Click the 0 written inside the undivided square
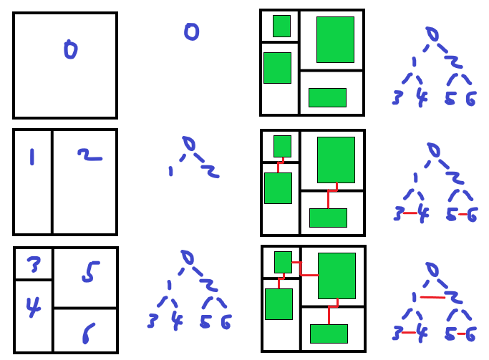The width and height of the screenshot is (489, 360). click(x=70, y=50)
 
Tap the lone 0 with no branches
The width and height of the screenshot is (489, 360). click(x=191, y=31)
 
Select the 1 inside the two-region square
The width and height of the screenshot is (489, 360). click(x=32, y=156)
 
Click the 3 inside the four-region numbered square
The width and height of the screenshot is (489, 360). click(x=34, y=266)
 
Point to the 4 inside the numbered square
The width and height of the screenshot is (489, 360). click(x=33, y=306)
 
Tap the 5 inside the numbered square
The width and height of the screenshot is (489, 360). click(x=89, y=272)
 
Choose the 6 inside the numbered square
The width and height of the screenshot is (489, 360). click(x=88, y=332)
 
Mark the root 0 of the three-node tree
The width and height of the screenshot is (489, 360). click(x=188, y=144)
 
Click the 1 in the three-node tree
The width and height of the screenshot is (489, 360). click(x=170, y=170)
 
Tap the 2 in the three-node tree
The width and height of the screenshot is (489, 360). click(x=208, y=170)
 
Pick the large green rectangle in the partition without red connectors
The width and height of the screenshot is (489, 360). click(x=335, y=39)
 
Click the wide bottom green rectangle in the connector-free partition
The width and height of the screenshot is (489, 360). click(x=327, y=97)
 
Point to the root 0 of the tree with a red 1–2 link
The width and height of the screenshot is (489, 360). click(x=432, y=269)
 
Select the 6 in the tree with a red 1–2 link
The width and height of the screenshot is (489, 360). click(x=470, y=334)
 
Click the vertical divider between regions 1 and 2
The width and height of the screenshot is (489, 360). click(x=52, y=182)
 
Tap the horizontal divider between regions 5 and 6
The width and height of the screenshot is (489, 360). click(x=85, y=308)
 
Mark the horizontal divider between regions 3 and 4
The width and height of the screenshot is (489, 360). click(x=34, y=279)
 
